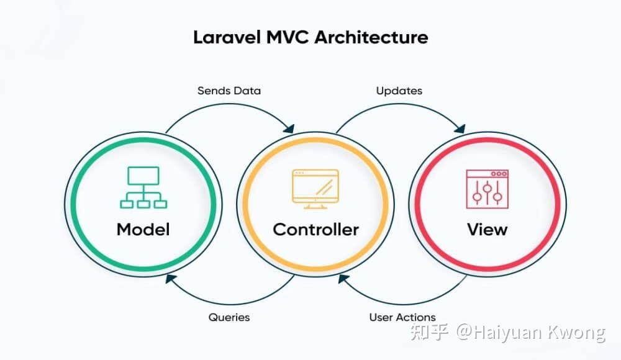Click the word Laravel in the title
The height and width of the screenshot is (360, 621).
coord(227,38)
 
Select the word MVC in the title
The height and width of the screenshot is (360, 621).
coord(288,38)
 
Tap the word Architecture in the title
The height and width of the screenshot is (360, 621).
coord(371,38)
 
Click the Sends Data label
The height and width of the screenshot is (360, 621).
coord(229,91)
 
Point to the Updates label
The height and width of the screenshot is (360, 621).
coord(399,91)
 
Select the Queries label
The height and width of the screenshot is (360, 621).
coord(229,317)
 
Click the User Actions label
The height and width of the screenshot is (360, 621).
coord(402,317)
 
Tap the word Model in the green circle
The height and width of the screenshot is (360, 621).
coord(143,229)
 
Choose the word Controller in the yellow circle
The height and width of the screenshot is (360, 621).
coord(315,229)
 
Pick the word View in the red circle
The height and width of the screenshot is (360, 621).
coord(487,229)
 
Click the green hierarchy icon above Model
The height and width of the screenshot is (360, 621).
coord(143,187)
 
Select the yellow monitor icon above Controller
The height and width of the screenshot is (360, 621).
coord(315,189)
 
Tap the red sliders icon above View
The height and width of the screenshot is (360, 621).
coord(487,189)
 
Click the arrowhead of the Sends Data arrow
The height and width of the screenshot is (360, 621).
coord(289,128)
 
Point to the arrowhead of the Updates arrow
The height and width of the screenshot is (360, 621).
coord(460,128)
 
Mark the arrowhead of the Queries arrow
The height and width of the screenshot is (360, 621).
coord(171,279)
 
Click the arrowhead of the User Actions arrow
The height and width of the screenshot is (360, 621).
coord(343,279)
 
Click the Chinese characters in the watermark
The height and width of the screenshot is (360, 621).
coord(429,332)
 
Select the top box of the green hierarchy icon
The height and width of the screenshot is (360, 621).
coord(143,176)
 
